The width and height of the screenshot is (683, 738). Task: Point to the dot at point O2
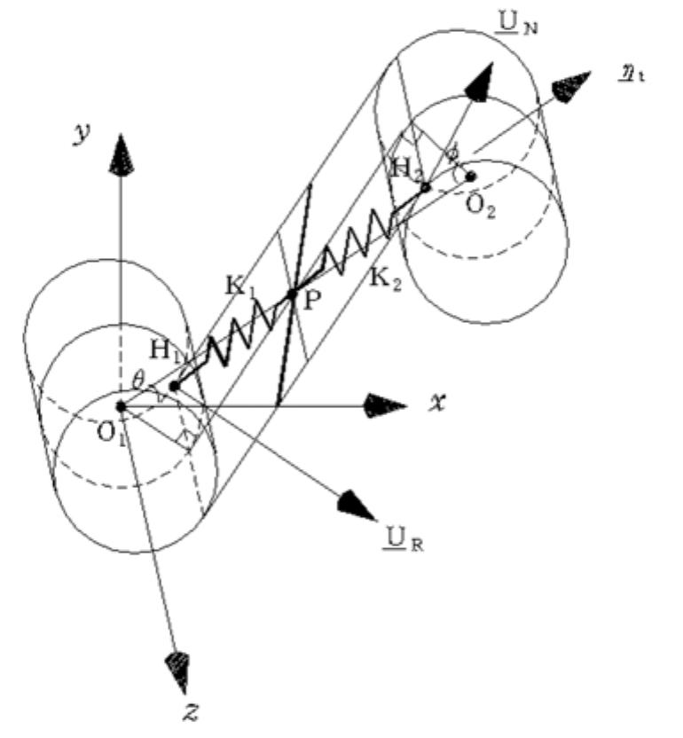[x=471, y=176]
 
